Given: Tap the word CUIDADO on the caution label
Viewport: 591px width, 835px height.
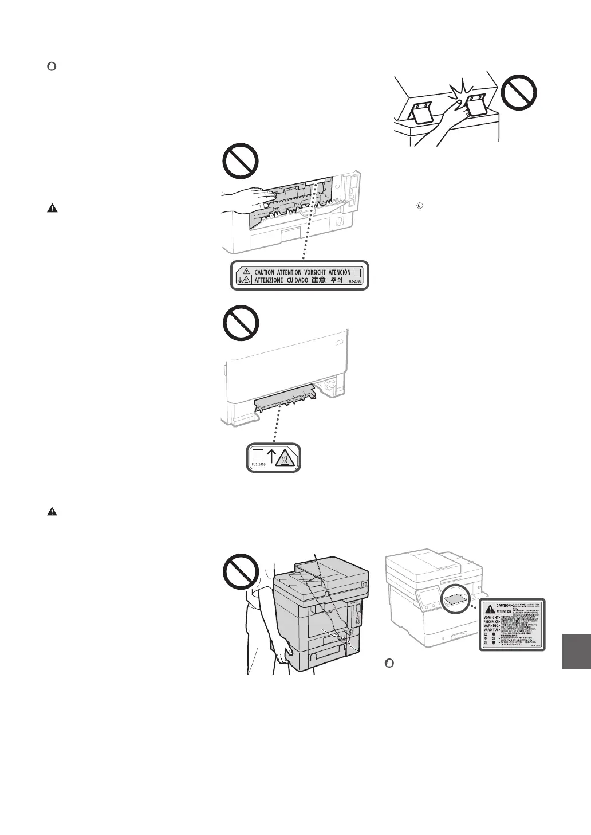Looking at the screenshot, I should point(292,280).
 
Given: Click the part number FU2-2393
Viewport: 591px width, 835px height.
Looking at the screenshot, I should point(356,282).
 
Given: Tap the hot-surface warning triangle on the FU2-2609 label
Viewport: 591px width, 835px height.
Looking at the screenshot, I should point(287,458).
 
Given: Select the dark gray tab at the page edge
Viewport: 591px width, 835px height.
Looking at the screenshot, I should point(576,650).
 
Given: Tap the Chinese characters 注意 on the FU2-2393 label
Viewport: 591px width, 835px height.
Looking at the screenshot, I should point(318,280).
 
